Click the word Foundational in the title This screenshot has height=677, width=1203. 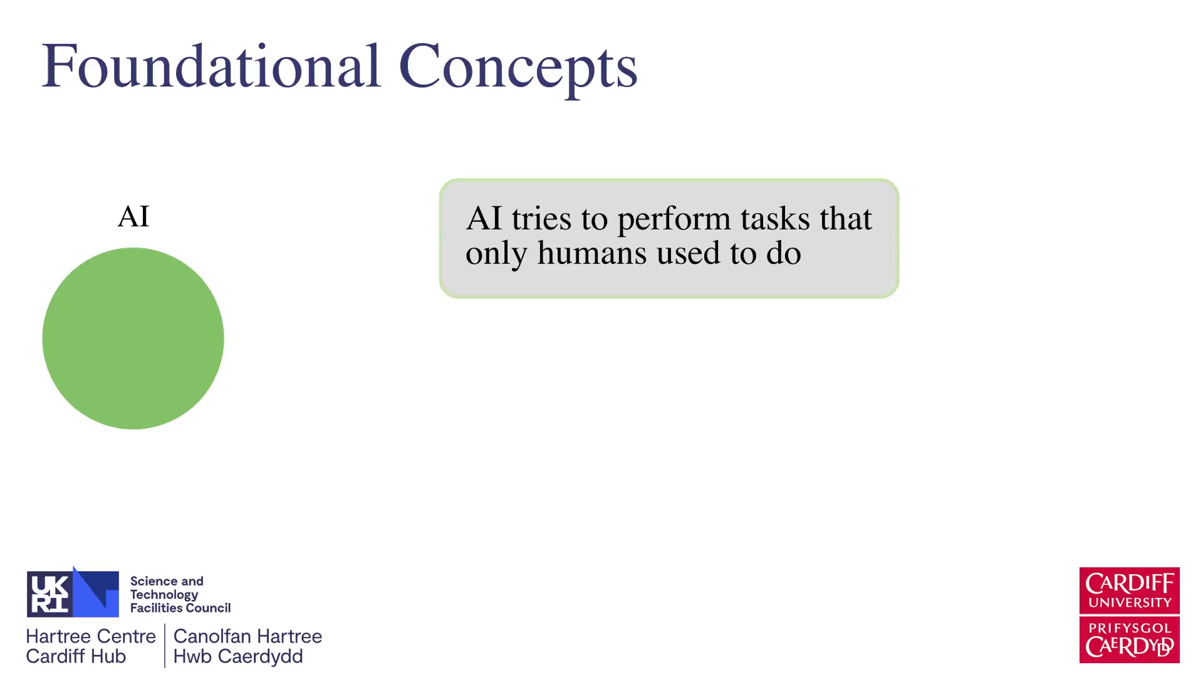click(x=211, y=66)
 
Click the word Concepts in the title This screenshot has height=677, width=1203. click(x=518, y=70)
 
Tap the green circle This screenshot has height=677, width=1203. click(x=133, y=338)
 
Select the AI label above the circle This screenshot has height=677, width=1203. click(x=133, y=217)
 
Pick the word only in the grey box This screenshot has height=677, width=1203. click(x=496, y=255)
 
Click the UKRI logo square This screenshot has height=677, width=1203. click(x=73, y=593)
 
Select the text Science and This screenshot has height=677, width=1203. click(x=167, y=581)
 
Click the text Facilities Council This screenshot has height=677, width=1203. click(x=180, y=608)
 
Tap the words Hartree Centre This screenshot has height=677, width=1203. click(x=91, y=636)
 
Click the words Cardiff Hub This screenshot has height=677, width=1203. click(x=76, y=656)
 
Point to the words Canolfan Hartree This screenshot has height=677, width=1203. click(x=247, y=636)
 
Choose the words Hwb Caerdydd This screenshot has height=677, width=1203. click(x=238, y=657)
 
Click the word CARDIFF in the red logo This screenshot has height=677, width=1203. click(x=1130, y=584)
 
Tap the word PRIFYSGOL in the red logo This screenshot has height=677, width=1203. click(x=1130, y=628)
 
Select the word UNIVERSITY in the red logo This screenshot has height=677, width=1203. click(x=1130, y=603)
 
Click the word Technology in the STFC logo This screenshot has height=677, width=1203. click(x=164, y=595)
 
